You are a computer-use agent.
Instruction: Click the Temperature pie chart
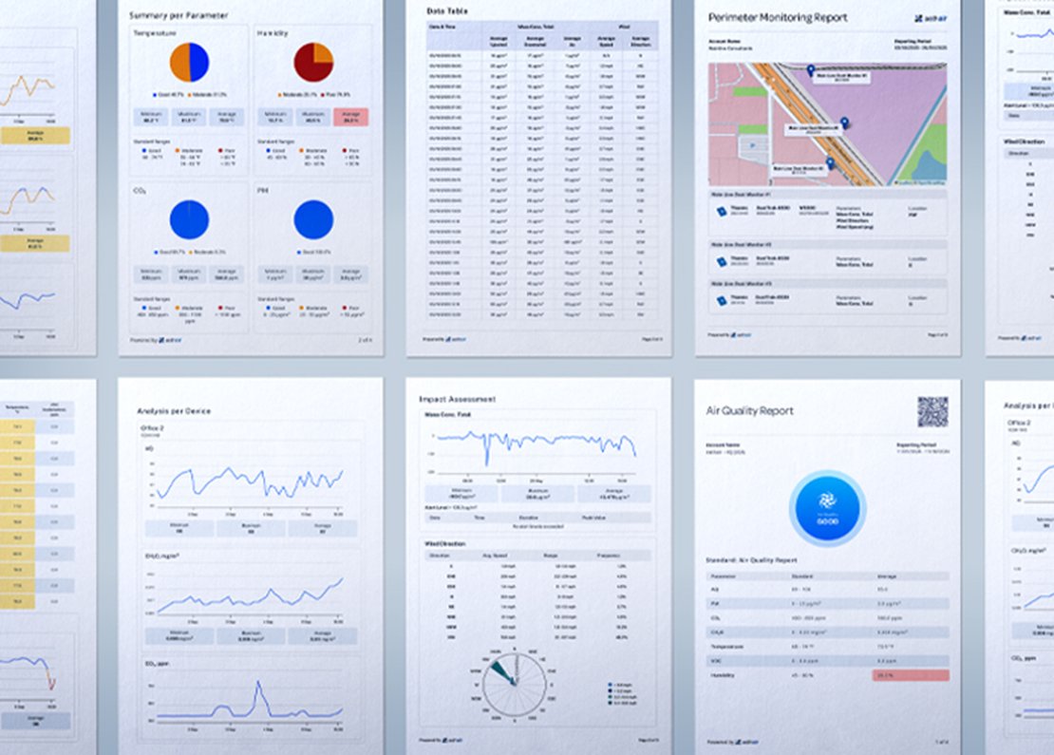(188, 63)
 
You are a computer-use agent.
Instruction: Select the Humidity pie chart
(313, 63)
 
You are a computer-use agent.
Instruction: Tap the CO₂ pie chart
(188, 219)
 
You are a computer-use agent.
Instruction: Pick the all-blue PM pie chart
(313, 219)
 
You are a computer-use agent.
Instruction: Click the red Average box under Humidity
(351, 117)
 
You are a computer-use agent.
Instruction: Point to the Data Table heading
(448, 10)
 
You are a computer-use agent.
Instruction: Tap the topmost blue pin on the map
(811, 71)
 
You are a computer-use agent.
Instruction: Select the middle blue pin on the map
(844, 123)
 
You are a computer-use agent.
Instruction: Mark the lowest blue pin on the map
(828, 162)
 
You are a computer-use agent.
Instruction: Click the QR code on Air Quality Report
(932, 411)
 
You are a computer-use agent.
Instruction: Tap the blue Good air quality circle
(827, 508)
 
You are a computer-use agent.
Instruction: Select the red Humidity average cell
(910, 674)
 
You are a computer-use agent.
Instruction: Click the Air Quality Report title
(750, 410)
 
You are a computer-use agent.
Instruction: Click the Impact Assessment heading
(457, 399)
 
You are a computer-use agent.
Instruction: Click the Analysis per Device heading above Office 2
(175, 410)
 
